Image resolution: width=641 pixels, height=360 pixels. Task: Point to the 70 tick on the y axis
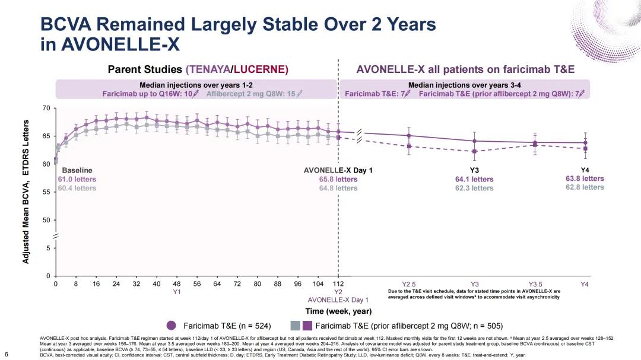(x=46, y=108)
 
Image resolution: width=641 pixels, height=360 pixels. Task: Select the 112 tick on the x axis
(x=338, y=284)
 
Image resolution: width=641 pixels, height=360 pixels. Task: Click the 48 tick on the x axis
(x=176, y=284)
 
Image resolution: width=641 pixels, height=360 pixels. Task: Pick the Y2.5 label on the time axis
(x=410, y=284)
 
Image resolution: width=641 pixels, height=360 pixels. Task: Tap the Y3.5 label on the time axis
(x=535, y=284)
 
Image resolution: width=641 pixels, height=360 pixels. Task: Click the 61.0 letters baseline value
(x=77, y=179)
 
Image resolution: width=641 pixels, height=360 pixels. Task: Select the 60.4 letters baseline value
(x=77, y=188)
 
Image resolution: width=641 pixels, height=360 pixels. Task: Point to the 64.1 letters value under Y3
(x=474, y=179)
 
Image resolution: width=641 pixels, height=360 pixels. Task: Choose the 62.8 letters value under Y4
(x=585, y=187)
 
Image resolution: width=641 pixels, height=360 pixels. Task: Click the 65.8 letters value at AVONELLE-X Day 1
(x=338, y=179)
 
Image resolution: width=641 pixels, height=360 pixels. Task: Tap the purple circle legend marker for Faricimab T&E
(x=172, y=325)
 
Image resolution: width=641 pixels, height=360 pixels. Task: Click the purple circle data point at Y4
(x=585, y=142)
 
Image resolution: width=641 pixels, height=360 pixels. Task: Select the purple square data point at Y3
(x=474, y=151)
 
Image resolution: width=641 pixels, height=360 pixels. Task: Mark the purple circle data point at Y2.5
(x=409, y=136)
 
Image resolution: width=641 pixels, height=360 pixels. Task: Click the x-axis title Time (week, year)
(x=338, y=311)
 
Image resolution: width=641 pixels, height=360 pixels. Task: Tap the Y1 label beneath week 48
(x=176, y=292)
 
